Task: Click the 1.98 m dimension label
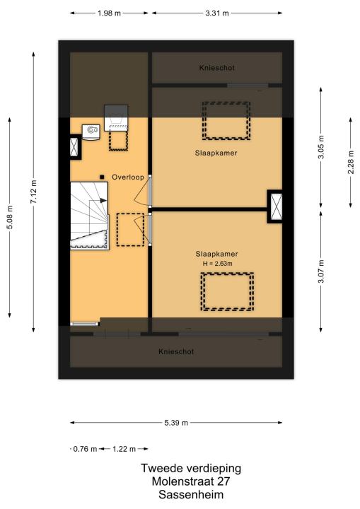click(x=109, y=13)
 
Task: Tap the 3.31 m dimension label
click(x=217, y=13)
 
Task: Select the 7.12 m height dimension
click(x=33, y=192)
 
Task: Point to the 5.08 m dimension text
click(x=10, y=218)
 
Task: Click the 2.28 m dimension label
click(x=351, y=163)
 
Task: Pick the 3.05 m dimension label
click(x=321, y=147)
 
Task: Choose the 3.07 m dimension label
click(x=321, y=271)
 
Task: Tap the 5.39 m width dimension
click(x=176, y=423)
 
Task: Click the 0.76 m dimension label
click(x=85, y=449)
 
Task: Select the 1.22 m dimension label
click(x=124, y=449)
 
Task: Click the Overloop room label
click(x=128, y=177)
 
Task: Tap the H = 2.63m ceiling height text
click(x=217, y=264)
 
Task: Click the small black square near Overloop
click(x=102, y=177)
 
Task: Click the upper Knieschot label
click(x=216, y=68)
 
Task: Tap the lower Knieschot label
click(x=176, y=351)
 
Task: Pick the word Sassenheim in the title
click(x=191, y=495)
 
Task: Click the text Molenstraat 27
click(x=191, y=481)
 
